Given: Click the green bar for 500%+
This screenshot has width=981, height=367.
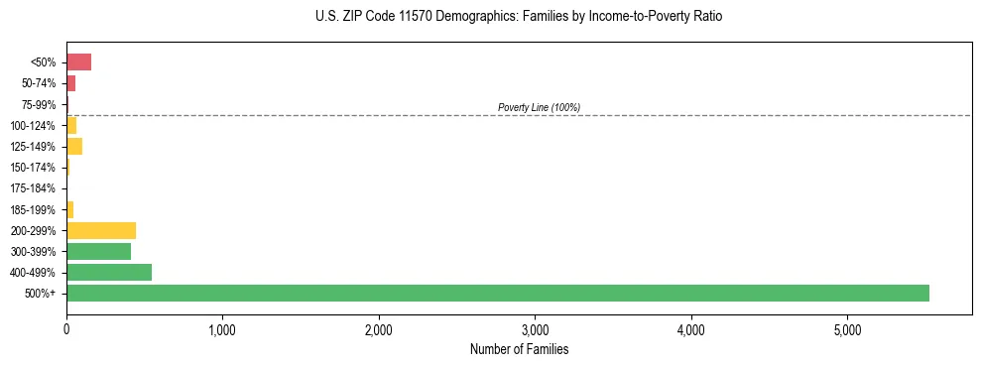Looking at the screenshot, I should click(x=497, y=293).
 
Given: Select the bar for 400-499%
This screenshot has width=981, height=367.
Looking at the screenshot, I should click(x=109, y=272).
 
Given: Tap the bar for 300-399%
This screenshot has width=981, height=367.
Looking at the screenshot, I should click(x=98, y=251).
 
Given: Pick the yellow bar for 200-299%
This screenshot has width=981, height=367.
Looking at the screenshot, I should click(x=101, y=230).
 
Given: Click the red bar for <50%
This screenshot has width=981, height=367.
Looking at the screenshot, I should click(x=78, y=61).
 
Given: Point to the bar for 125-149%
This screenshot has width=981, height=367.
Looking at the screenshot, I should click(x=74, y=146).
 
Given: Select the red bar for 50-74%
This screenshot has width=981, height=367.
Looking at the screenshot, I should click(x=70, y=83).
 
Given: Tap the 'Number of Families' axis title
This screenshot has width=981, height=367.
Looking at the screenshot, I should click(x=519, y=349).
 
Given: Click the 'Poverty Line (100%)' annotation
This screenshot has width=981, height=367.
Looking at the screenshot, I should click(x=539, y=107).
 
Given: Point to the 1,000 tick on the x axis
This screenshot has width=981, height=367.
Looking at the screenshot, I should click(x=222, y=329).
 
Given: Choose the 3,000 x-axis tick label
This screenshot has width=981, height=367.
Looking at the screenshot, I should click(x=535, y=329).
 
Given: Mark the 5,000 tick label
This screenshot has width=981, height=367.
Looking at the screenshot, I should click(x=847, y=329).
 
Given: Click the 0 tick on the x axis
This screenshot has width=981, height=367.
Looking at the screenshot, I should click(x=66, y=329).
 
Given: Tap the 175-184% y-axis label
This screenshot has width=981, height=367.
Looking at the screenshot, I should click(x=34, y=188).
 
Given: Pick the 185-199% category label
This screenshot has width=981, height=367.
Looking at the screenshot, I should click(x=34, y=209).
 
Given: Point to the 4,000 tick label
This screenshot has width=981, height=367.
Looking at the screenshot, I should click(x=690, y=329).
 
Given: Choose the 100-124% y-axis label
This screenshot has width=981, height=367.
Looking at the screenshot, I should click(x=34, y=125).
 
